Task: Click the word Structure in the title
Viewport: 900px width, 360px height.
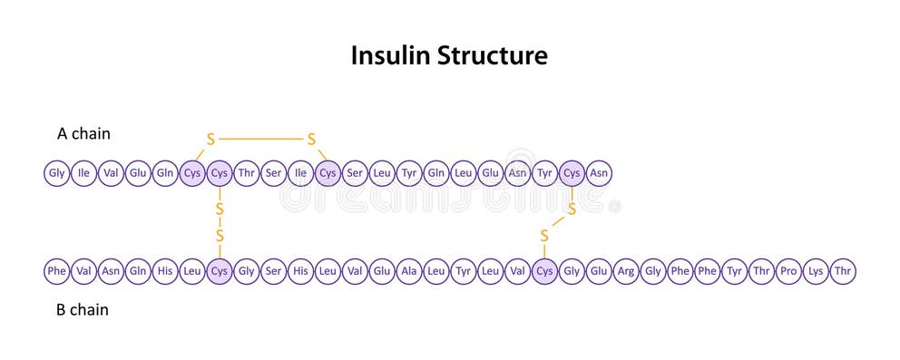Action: (493, 56)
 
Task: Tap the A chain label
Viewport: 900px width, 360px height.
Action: (83, 134)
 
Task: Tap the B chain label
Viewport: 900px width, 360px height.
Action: (83, 310)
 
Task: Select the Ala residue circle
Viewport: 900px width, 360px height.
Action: (409, 271)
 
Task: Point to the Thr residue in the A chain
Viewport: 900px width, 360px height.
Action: (247, 173)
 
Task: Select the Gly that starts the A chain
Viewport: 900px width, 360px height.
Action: (57, 173)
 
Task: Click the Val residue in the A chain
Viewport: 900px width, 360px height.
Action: (111, 173)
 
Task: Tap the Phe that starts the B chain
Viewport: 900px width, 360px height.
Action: (57, 271)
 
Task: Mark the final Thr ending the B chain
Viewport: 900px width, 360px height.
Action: (843, 271)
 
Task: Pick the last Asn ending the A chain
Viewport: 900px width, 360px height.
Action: (599, 173)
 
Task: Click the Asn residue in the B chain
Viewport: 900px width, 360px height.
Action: (111, 271)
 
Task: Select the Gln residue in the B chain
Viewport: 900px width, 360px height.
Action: (138, 271)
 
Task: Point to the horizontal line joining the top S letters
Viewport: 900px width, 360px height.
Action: (261, 140)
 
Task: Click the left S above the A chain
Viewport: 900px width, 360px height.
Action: (211, 140)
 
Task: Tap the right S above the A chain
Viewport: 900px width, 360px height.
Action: (311, 140)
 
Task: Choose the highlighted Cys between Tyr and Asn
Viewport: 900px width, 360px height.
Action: (572, 173)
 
